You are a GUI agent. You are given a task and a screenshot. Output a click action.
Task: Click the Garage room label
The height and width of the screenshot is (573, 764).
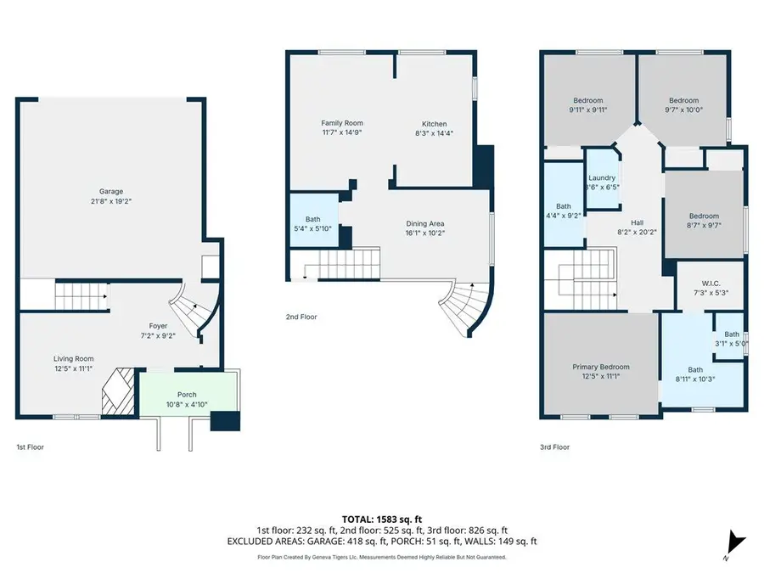[110, 191]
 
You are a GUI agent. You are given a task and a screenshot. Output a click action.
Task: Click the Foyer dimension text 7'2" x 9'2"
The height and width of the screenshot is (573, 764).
[159, 336]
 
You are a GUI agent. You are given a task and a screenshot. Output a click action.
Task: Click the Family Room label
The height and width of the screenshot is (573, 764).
[341, 123]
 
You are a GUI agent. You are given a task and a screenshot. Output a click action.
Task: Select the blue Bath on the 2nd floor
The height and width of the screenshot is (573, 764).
[312, 219]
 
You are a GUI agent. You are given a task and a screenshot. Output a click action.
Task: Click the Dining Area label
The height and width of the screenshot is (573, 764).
[425, 223]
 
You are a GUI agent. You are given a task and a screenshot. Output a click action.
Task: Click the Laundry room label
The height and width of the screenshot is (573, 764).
[602, 177]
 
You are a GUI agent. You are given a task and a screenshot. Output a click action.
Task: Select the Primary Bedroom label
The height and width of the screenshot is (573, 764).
[601, 367]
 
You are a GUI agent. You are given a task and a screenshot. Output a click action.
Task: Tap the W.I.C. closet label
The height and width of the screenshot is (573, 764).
[711, 284]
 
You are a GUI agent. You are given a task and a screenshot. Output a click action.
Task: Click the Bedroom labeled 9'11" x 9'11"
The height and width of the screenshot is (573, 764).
[588, 100]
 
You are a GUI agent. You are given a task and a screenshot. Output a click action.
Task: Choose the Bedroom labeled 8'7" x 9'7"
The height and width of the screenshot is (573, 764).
[704, 216]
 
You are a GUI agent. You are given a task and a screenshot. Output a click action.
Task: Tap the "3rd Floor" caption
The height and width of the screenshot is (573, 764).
[554, 447]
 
